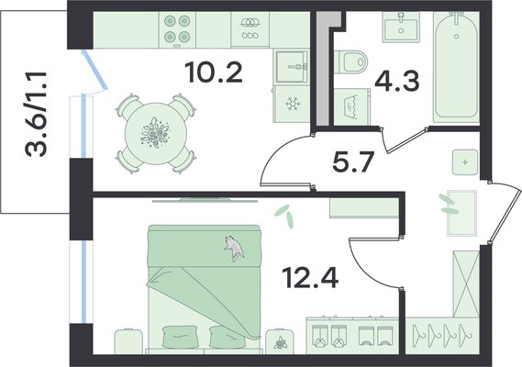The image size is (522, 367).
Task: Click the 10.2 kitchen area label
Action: [x=215, y=72]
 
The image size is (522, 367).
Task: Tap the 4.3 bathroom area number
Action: [x=397, y=82]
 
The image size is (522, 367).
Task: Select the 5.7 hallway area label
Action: [x=354, y=161]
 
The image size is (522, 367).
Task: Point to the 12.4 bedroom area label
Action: [x=310, y=278]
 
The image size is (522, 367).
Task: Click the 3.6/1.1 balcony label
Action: [x=36, y=113]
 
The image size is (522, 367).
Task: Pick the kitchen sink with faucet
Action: [x=292, y=67]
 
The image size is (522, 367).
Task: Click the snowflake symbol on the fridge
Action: [x=293, y=104]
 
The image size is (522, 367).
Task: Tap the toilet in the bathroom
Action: [x=350, y=62]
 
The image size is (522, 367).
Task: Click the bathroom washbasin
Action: [x=401, y=28]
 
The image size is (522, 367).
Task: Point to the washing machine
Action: [x=352, y=106]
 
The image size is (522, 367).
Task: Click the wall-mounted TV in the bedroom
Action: [x=205, y=201]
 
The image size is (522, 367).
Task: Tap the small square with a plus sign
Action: [x=465, y=162]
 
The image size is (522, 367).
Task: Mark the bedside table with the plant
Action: [x=280, y=341]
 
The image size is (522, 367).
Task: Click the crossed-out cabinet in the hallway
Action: [x=466, y=284]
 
